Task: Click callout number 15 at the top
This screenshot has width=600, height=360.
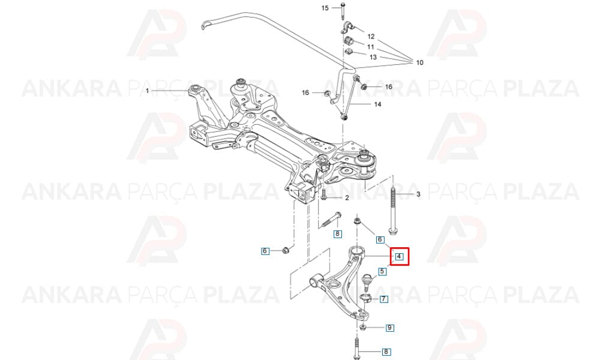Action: pyautogui.click(x=325, y=8)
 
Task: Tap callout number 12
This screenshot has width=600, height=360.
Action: pyautogui.click(x=371, y=37)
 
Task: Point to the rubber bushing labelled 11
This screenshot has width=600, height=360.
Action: pyautogui.click(x=349, y=40)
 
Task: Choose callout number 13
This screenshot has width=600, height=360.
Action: pyautogui.click(x=373, y=57)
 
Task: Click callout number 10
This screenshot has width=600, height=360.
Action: pyautogui.click(x=420, y=62)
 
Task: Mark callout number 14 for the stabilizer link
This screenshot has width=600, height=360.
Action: pyautogui.click(x=377, y=104)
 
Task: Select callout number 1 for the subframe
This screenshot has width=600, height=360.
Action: pyautogui.click(x=147, y=91)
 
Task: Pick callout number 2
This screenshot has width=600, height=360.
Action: pyautogui.click(x=347, y=198)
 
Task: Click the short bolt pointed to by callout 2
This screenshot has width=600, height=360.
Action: pyautogui.click(x=324, y=194)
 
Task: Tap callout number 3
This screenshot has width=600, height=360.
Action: pyautogui.click(x=418, y=194)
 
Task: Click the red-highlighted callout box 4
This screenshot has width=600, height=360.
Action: pyautogui.click(x=399, y=256)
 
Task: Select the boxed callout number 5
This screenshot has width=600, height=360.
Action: pyautogui.click(x=382, y=272)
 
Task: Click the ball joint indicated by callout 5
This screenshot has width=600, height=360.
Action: pyautogui.click(x=367, y=281)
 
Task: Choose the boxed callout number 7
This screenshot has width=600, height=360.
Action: pyautogui.click(x=383, y=299)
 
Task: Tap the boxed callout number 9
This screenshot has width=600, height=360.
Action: pyautogui.click(x=389, y=328)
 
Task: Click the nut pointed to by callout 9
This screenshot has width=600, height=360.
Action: pyautogui.click(x=364, y=328)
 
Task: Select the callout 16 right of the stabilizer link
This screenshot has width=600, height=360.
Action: pyautogui.click(x=388, y=87)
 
